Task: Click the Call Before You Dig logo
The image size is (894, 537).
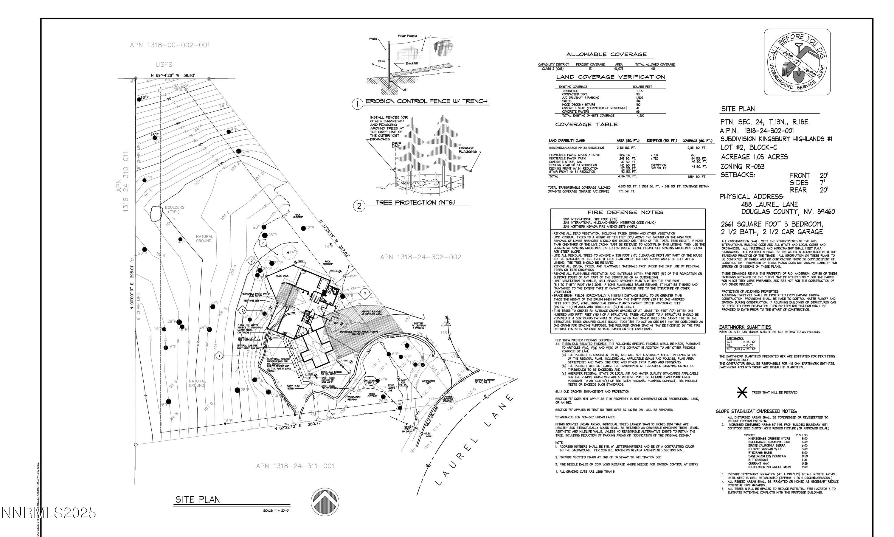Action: (x=797, y=62)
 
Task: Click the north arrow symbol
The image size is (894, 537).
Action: (x=325, y=502)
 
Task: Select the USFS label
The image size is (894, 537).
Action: (x=164, y=65)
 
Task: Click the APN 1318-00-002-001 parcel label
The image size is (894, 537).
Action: (x=170, y=45)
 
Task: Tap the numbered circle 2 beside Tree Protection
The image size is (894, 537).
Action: (x=359, y=206)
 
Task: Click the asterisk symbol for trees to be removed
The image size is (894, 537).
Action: (x=742, y=392)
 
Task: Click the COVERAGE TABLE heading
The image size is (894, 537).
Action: (x=586, y=125)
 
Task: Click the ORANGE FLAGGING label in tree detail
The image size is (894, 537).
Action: (x=468, y=150)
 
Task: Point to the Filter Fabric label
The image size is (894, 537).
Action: (x=407, y=36)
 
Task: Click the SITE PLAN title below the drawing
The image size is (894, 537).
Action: (x=198, y=500)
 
